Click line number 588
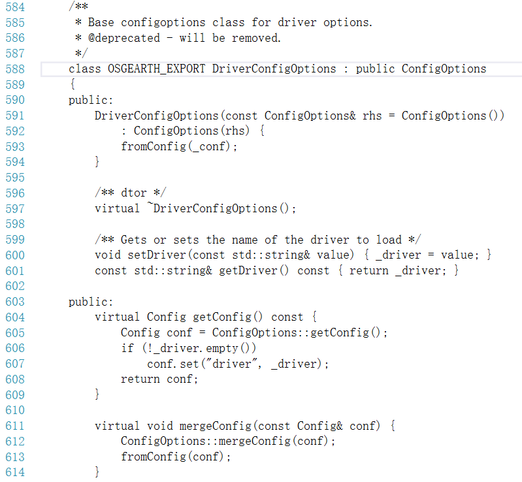14,69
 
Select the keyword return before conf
140,379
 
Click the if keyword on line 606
127,348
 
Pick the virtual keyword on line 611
117,426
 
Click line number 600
14,255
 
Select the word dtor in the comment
133,193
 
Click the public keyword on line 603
91,302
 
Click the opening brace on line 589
72,85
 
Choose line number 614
14,472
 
